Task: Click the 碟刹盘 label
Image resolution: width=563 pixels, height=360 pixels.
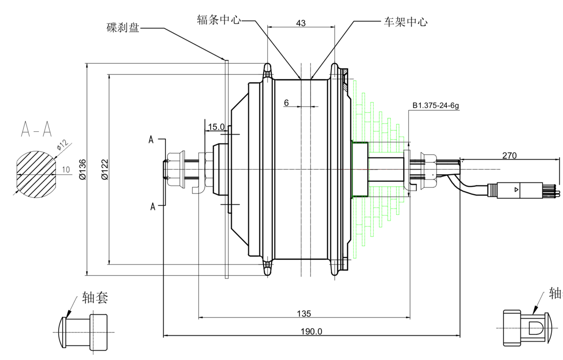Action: point(123,28)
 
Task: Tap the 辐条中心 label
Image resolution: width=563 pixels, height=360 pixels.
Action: point(219,20)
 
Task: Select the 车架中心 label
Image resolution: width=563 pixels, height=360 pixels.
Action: point(405,22)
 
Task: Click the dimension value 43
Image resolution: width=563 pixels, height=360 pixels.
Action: point(301,23)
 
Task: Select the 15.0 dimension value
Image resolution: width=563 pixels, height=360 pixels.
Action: point(216,127)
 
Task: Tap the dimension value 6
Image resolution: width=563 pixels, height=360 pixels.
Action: point(287,103)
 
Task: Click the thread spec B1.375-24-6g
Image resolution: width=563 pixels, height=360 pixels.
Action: point(436,106)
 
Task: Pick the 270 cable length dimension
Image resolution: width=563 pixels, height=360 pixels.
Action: point(509,156)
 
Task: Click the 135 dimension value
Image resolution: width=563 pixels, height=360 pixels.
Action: point(304,314)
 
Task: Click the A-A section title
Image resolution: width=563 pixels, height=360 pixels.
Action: point(36,129)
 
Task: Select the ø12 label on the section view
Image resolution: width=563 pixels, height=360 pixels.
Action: point(63,145)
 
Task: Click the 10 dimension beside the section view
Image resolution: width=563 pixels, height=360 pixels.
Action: point(66,170)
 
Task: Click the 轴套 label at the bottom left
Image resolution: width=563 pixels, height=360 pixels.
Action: point(95,298)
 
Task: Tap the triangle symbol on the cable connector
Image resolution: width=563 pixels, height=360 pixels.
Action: point(516,190)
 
